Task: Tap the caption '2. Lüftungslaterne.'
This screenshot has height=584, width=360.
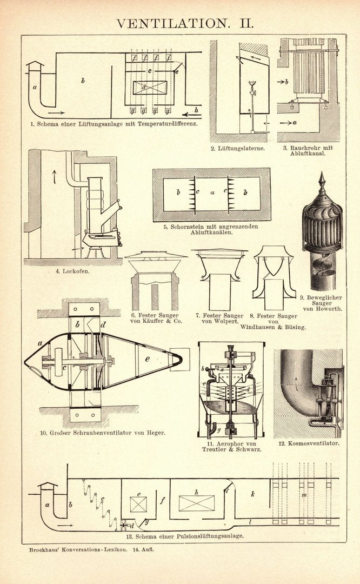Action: pyautogui.click(x=238, y=148)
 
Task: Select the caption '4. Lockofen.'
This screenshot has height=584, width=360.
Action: pyautogui.click(x=72, y=271)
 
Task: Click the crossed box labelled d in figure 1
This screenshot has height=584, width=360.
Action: pyautogui.click(x=150, y=88)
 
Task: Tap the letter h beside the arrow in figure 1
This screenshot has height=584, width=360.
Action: pyautogui.click(x=196, y=110)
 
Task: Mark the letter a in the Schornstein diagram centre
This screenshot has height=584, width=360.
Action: pyautogui.click(x=212, y=191)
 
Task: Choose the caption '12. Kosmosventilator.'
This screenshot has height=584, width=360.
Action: pyautogui.click(x=309, y=443)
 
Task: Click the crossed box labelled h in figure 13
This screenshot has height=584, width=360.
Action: pyautogui.click(x=196, y=502)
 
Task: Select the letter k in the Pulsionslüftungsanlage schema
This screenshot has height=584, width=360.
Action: pyautogui.click(x=252, y=494)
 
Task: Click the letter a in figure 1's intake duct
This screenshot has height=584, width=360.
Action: pyautogui.click(x=34, y=87)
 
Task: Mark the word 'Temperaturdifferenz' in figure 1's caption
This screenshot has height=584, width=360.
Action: pyautogui.click(x=169, y=123)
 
